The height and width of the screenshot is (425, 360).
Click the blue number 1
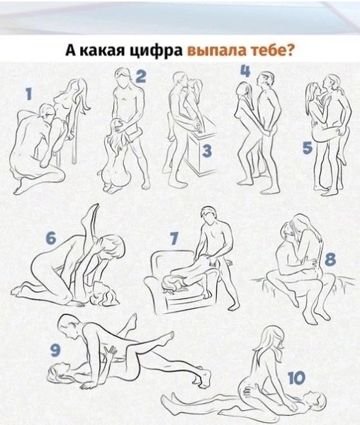point(29,95)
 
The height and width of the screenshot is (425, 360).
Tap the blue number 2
point(141,76)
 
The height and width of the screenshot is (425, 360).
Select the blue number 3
point(206,151)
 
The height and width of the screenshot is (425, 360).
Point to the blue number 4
point(245,71)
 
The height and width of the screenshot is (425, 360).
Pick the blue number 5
point(308,148)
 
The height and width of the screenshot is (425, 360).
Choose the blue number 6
point(51,239)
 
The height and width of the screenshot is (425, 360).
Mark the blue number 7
point(174,239)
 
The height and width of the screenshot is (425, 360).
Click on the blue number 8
point(330,259)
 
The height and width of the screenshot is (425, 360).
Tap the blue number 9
point(55,350)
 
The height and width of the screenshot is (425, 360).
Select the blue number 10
point(296,378)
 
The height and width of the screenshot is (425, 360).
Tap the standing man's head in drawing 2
point(124,76)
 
